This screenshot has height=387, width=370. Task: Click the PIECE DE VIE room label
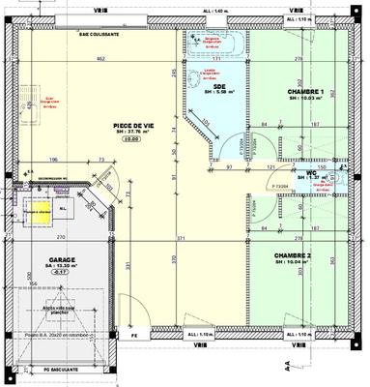tap(134, 126)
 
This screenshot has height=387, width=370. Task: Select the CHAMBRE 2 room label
tap(299, 255)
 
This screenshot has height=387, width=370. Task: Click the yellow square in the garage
tap(38, 210)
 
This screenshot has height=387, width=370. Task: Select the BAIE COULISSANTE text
tap(99, 32)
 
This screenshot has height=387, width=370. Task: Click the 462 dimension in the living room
tap(99, 60)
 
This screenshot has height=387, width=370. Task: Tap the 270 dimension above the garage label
tap(60, 237)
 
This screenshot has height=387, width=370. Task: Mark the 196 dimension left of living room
tap(54, 160)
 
